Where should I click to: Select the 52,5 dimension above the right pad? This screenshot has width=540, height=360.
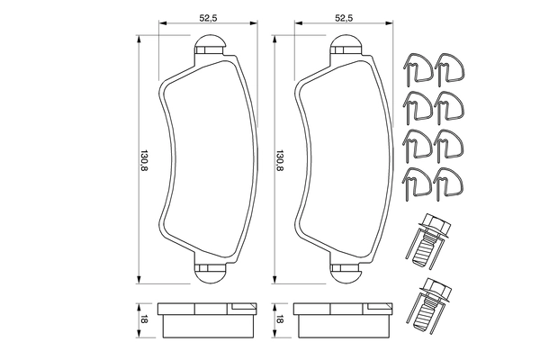(x=343, y=16)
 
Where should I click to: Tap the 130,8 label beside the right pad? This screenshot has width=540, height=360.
(x=280, y=161)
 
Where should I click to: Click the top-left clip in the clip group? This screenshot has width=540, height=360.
(x=417, y=71)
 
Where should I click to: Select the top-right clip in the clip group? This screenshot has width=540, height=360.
(x=449, y=71)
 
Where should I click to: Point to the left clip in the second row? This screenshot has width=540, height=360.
(x=417, y=108)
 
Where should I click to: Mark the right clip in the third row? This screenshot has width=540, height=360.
(x=449, y=145)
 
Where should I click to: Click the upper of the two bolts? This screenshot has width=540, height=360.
(x=432, y=238)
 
